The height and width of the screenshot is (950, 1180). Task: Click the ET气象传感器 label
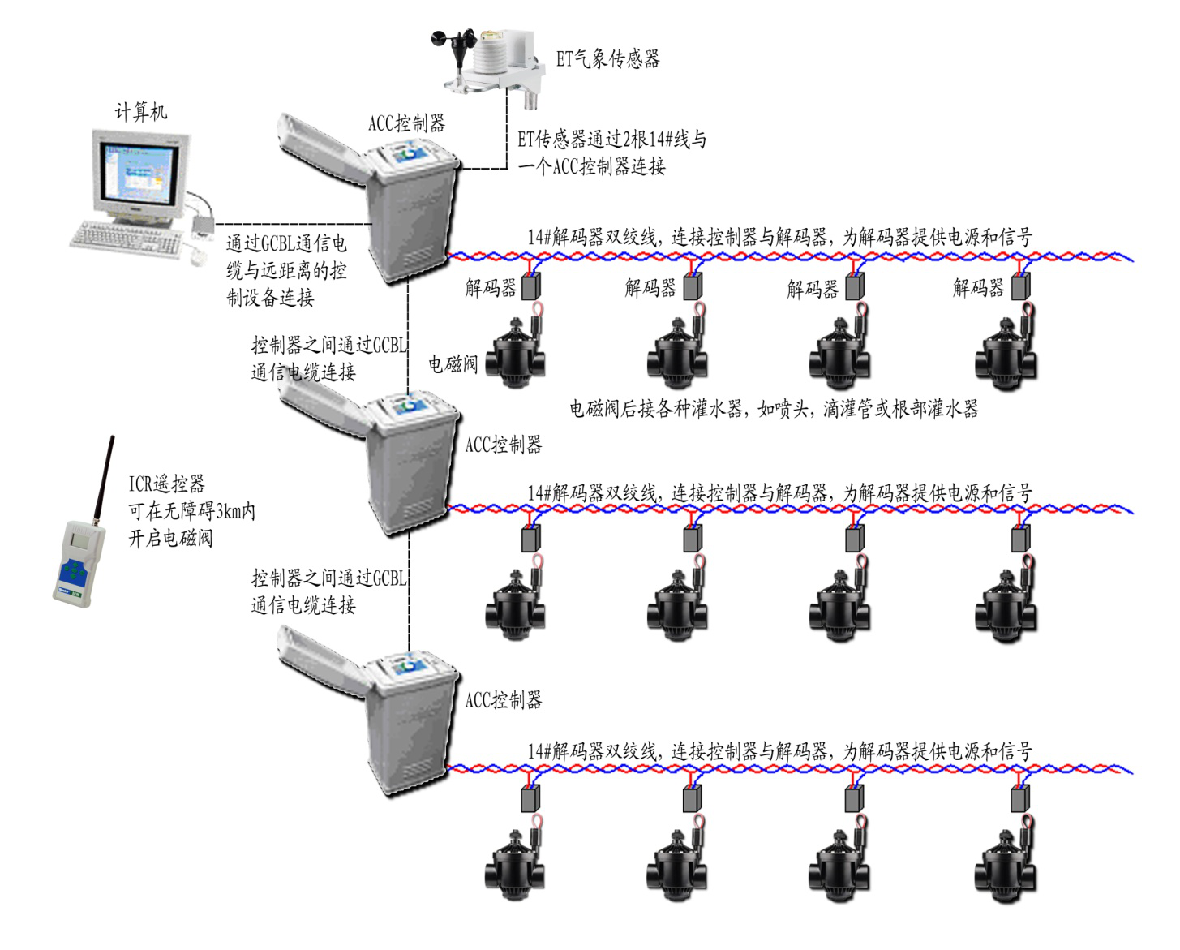click(607, 58)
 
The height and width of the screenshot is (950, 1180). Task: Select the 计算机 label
click(141, 111)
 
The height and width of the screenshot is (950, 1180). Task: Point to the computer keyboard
click(127, 239)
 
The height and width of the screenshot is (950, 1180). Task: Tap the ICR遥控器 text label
click(166, 484)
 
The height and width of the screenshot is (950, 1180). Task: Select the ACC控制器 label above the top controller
click(406, 123)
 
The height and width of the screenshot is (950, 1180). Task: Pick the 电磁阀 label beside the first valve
click(453, 363)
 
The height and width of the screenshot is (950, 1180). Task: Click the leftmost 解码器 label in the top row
click(491, 287)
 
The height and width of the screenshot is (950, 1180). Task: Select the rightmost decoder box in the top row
click(1020, 286)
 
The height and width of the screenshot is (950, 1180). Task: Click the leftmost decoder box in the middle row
click(531, 538)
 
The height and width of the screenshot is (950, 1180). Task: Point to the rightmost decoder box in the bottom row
click(1020, 799)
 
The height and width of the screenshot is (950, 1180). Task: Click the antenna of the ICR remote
click(103, 479)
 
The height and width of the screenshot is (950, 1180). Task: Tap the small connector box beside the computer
click(203, 221)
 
